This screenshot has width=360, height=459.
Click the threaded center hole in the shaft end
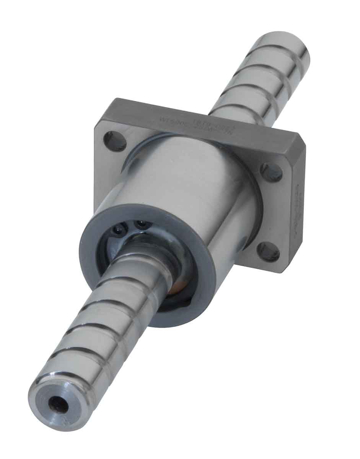point(54,404)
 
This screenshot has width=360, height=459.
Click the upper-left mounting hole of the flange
point(115,140)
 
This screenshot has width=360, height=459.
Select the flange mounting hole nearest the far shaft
point(271,172)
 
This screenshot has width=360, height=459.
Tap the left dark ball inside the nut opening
point(119,229)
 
